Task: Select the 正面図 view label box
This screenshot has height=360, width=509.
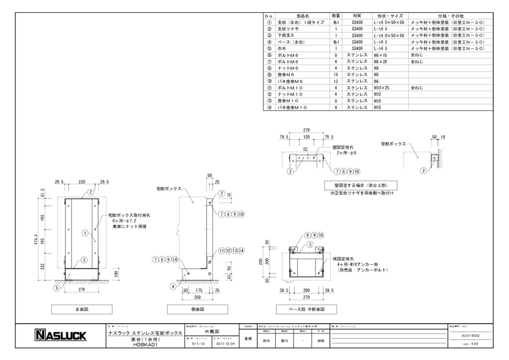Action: click(82, 309)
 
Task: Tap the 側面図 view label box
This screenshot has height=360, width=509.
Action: click(197, 309)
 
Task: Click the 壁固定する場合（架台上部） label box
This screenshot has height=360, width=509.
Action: click(359, 185)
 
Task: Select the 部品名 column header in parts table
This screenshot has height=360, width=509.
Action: click(303, 16)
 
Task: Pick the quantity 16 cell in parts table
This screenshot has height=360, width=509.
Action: click(336, 74)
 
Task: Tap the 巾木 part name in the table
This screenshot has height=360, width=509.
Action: click(283, 49)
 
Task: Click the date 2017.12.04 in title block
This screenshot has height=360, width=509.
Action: click(224, 344)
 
